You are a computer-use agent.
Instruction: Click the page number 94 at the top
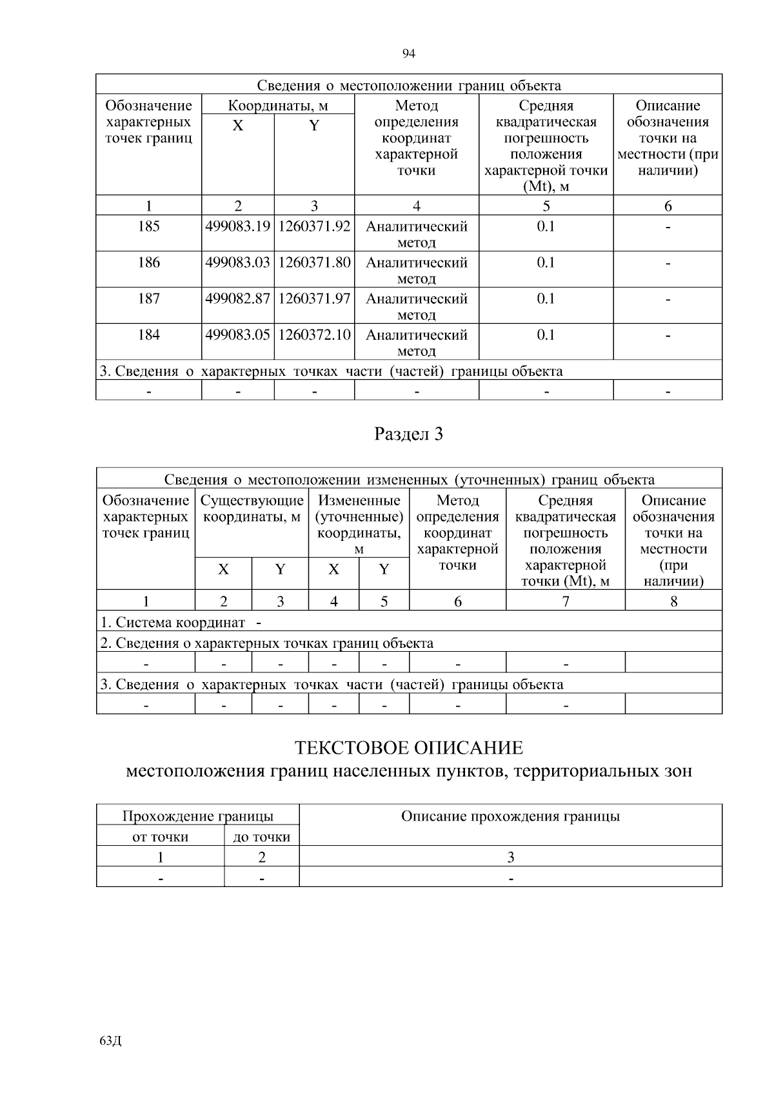[408, 54]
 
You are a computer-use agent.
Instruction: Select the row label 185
[148, 226]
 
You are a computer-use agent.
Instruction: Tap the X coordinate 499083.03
[237, 262]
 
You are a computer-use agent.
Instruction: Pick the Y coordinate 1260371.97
[314, 298]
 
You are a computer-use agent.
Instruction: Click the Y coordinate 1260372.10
[314, 335]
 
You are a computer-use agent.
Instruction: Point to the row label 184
[148, 335]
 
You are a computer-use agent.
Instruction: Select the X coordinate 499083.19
[237, 226]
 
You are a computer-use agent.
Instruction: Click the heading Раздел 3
[408, 435]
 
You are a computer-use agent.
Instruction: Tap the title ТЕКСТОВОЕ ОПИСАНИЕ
[408, 748]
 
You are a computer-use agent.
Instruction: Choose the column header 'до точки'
[261, 837]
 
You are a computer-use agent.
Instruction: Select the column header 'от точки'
[160, 837]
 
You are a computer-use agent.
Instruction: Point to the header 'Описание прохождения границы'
[510, 816]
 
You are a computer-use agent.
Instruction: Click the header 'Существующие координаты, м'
[252, 509]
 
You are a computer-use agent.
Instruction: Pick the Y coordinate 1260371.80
[314, 262]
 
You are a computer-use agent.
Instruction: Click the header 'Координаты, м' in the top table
[278, 106]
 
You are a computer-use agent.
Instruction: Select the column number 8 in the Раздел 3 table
[673, 601]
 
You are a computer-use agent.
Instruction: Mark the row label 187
[148, 298]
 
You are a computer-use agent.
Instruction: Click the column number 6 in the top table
[668, 206]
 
